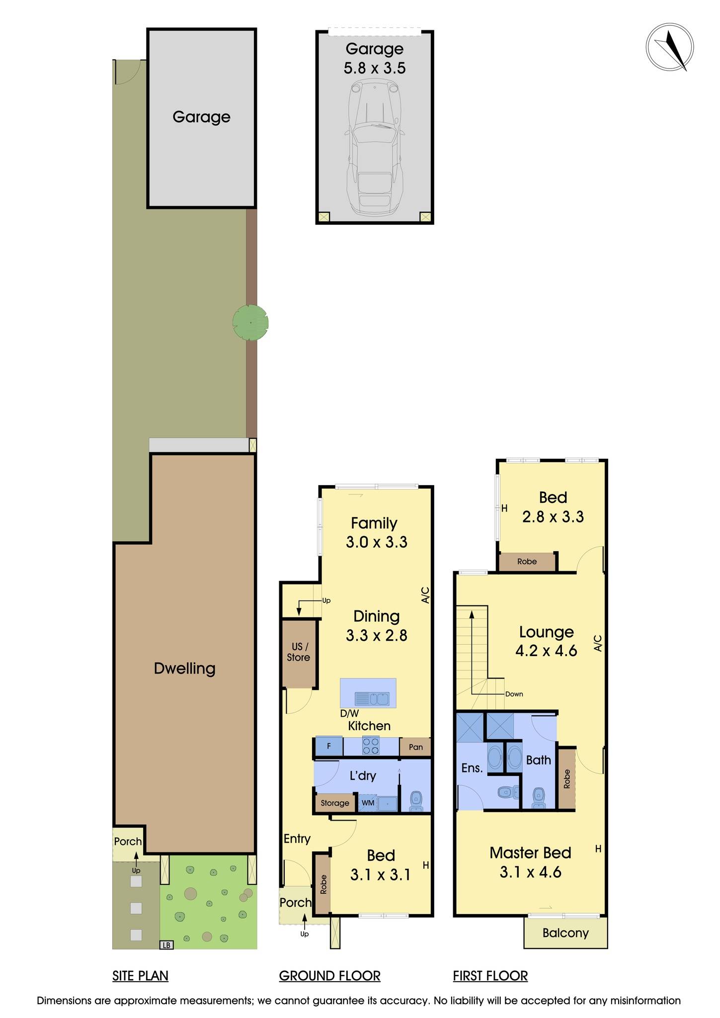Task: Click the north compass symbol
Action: pyautogui.click(x=669, y=48)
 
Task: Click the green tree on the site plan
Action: pyautogui.click(x=250, y=323)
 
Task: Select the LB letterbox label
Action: pyautogui.click(x=167, y=945)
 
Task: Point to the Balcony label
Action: pyautogui.click(x=565, y=933)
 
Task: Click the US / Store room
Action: pyautogui.click(x=298, y=652)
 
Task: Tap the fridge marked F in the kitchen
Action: pyautogui.click(x=329, y=747)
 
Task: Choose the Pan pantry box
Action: pyautogui.click(x=415, y=747)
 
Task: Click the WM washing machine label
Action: pyautogui.click(x=368, y=803)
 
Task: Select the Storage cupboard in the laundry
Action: pyautogui.click(x=335, y=803)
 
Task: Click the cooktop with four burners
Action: pyautogui.click(x=371, y=746)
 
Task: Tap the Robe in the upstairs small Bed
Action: pyautogui.click(x=527, y=562)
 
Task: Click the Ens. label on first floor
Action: pyautogui.click(x=472, y=768)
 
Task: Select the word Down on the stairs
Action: pyautogui.click(x=514, y=694)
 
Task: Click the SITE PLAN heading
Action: pyautogui.click(x=140, y=976)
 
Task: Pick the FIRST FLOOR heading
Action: pyautogui.click(x=490, y=976)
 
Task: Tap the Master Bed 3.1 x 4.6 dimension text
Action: pyautogui.click(x=530, y=872)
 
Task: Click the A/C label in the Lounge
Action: pyautogui.click(x=598, y=643)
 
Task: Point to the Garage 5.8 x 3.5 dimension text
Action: pyautogui.click(x=375, y=68)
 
